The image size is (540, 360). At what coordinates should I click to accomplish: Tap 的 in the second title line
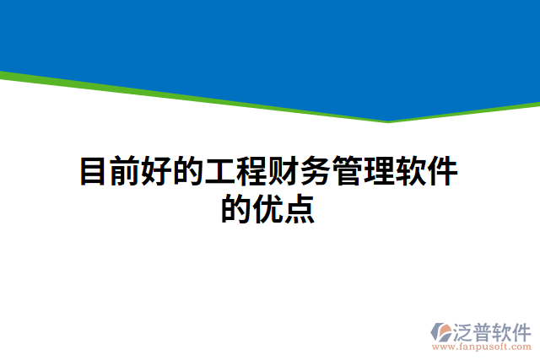(237, 208)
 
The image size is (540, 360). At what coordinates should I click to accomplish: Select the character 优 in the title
(269, 208)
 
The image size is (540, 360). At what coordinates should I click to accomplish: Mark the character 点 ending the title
(300, 208)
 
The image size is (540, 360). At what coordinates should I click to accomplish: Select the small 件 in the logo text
(522, 330)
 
